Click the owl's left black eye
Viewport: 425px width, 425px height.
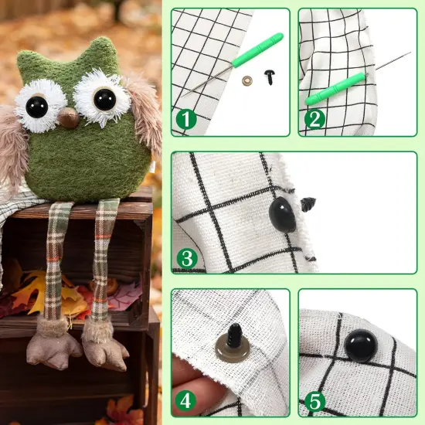[37, 107]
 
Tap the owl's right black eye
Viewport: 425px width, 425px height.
[104, 99]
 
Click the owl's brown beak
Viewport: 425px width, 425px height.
[69, 117]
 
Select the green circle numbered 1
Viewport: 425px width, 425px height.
[186, 119]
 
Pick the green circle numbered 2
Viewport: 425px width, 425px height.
[314, 119]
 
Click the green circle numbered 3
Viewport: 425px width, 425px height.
[187, 259]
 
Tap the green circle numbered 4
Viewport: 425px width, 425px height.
[185, 400]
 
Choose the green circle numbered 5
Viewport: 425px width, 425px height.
[315, 400]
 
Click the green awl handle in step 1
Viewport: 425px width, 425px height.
[257, 50]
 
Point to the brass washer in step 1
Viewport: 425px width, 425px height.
[247, 80]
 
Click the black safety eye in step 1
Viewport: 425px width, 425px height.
[269, 76]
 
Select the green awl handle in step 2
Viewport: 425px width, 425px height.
[335, 89]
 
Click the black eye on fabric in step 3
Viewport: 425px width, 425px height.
[282, 215]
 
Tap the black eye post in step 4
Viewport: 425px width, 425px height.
[235, 335]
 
